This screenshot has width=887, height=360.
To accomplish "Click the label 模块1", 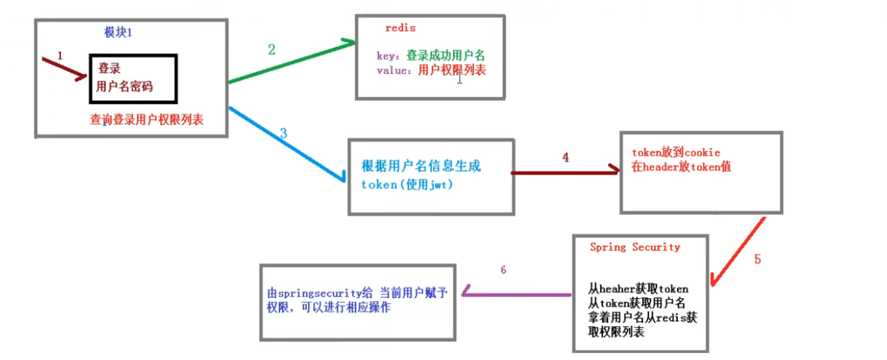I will tap(119, 32).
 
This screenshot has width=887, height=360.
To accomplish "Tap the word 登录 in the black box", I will tap(109, 69).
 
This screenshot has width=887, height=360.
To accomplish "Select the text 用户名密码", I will tap(124, 86).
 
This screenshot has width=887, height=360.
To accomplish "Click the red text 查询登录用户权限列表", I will tap(147, 119).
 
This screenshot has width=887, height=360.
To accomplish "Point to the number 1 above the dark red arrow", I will tap(60, 55).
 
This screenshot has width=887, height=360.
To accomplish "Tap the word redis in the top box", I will tap(400, 28).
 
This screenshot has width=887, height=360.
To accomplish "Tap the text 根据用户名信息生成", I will tap(421, 166).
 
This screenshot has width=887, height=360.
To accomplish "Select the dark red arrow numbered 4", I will tap(564, 172).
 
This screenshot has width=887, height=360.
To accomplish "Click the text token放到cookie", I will tap(676, 152).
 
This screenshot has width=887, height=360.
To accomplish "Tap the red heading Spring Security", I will tap(635, 247).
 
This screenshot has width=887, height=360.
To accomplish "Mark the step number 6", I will tap(503, 270).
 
